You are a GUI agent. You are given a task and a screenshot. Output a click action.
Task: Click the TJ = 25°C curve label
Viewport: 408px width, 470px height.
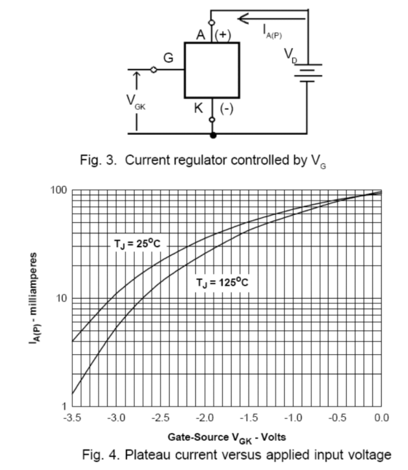[137, 244]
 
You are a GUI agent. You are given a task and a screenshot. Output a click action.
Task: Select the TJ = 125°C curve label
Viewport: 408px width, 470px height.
[222, 282]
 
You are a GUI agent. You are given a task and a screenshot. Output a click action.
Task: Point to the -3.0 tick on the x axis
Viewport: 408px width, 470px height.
[116, 418]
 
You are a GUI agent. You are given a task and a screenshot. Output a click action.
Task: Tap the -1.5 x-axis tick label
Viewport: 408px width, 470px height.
[249, 418]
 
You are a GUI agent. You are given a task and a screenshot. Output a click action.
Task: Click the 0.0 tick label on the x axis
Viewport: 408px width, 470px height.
[382, 418]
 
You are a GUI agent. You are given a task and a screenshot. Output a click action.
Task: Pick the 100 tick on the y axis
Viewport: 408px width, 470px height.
[59, 190]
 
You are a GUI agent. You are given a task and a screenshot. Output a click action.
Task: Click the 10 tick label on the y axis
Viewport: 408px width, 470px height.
[62, 298]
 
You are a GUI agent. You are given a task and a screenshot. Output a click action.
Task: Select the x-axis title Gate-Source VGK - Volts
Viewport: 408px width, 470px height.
[227, 438]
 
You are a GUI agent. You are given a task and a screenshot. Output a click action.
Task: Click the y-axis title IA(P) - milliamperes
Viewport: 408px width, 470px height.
[34, 298]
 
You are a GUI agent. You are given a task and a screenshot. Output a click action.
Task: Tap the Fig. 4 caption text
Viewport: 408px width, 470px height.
[237, 455]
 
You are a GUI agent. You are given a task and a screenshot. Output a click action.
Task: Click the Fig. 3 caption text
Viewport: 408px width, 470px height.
[203, 161]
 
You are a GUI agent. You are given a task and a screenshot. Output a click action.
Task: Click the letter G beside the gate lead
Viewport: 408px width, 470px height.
[168, 58]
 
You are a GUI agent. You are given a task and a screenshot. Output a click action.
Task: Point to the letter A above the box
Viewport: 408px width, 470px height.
[201, 35]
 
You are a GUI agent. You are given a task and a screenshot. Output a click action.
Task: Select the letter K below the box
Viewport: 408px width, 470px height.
[198, 108]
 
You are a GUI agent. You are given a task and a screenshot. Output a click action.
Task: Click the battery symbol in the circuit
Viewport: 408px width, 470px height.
[308, 73]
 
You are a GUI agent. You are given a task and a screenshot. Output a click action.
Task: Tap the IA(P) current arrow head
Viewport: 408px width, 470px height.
[243, 19]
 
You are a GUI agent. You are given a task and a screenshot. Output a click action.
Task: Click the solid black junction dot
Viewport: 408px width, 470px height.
[213, 136]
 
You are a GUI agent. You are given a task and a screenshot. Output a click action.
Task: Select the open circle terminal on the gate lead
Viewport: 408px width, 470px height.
[154, 69]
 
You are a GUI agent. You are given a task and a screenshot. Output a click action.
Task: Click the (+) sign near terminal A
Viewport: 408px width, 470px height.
[223, 35]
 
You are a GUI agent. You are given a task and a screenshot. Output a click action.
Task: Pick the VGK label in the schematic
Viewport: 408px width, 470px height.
[136, 102]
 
